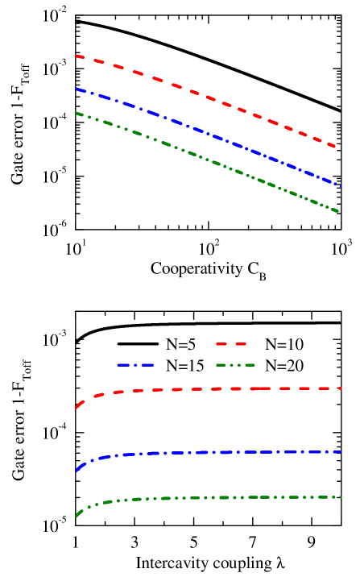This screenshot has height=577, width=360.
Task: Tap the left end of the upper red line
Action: click(77, 56)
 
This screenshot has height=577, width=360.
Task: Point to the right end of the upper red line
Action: click(336, 147)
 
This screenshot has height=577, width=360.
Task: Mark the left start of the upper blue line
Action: click(77, 89)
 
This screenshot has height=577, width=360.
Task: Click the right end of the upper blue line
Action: click(342, 186)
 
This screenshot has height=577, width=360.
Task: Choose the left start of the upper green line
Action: click(77, 113)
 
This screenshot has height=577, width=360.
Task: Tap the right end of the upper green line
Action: click(339, 211)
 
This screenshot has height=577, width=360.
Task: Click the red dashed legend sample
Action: click(231, 344)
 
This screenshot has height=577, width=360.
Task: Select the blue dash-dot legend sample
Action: click(135, 365)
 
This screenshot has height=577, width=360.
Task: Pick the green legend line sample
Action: click(235, 365)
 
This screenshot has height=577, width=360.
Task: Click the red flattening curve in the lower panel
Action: click(209, 389)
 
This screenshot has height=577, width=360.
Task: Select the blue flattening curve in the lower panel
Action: click(209, 453)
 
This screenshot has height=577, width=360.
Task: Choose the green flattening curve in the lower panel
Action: click(209, 498)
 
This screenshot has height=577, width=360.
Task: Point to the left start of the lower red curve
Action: click(77, 408)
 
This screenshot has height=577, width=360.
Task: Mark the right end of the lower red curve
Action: click(342, 388)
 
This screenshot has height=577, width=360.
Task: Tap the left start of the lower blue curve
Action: click(77, 471)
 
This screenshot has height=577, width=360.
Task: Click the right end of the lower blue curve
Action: click(342, 452)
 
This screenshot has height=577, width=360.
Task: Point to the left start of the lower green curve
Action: click(77, 516)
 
